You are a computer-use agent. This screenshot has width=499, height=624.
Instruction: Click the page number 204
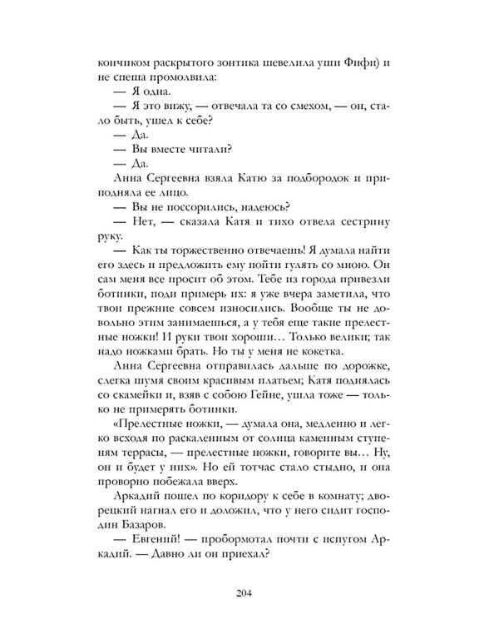[249, 593]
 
